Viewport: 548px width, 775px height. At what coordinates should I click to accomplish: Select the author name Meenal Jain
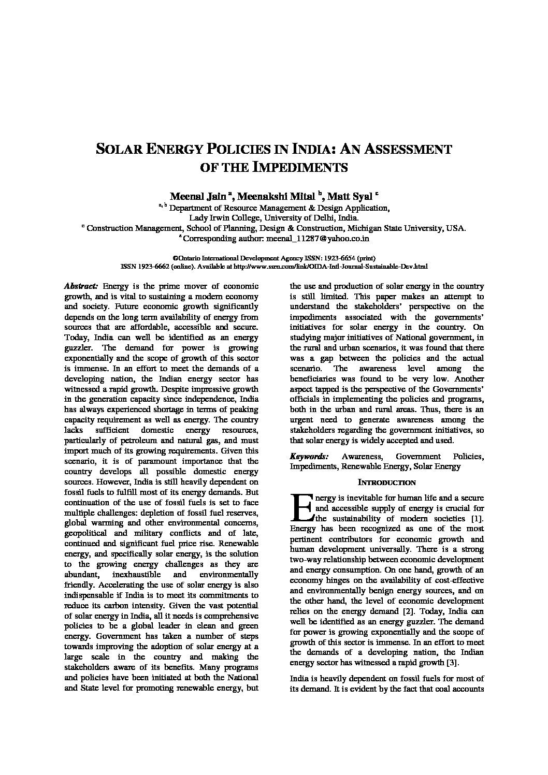198,196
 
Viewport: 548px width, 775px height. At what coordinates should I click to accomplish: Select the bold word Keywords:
309,456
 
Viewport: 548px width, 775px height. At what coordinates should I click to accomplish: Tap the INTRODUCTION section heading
387,482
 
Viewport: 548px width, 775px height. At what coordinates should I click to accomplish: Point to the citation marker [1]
477,518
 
